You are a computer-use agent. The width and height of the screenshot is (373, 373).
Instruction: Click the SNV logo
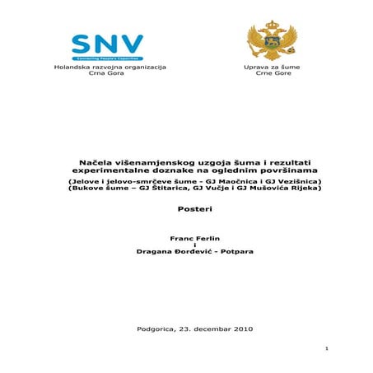pyautogui.click(x=107, y=46)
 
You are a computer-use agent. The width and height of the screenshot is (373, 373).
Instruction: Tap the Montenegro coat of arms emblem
pyautogui.click(x=265, y=40)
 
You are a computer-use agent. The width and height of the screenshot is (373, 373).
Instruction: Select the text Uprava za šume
pyautogui.click(x=265, y=65)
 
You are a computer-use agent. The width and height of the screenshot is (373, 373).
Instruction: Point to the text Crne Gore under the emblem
pyautogui.click(x=265, y=72)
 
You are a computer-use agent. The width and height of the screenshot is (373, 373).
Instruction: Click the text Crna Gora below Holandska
pyautogui.click(x=106, y=72)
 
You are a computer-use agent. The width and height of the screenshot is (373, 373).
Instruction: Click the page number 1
pyautogui.click(x=327, y=349)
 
